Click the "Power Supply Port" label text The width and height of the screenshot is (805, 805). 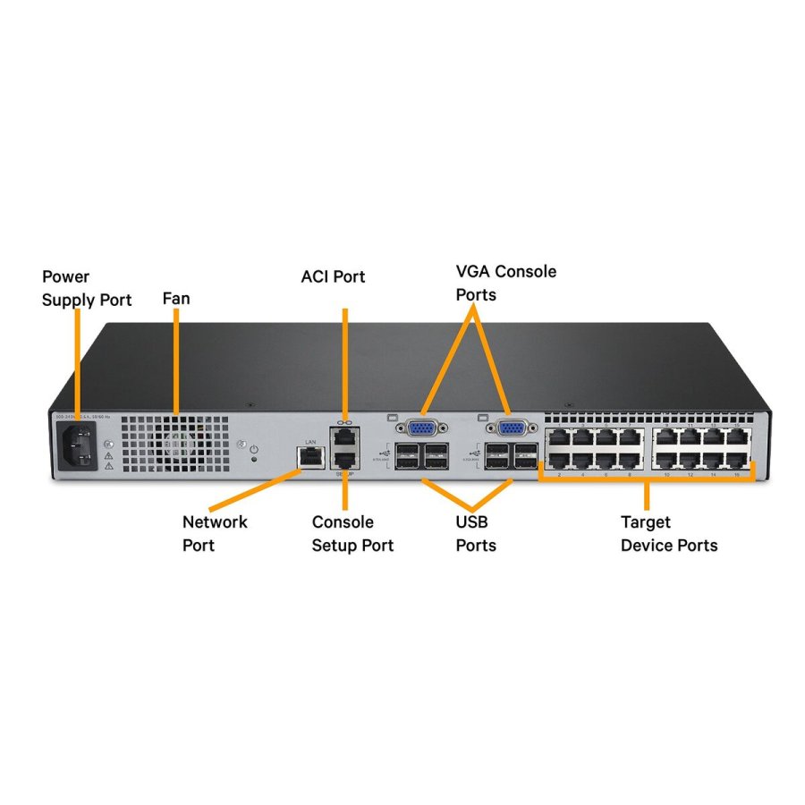coord(86,288)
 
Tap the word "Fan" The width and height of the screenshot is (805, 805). coord(176,299)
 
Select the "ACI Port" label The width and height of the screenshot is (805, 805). coord(333,276)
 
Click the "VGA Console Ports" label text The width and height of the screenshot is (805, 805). coord(505,282)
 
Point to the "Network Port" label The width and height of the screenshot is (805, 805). coord(215,533)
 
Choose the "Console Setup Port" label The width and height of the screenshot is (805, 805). coord(352,533)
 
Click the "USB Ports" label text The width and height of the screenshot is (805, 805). coord(476,533)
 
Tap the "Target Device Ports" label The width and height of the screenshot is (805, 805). coord(668,533)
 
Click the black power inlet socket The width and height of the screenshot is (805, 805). coord(77,445)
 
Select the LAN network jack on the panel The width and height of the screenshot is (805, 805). coord(310,457)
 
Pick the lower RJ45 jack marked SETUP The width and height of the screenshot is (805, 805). coord(344,460)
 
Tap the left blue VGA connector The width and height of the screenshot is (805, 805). coord(420,427)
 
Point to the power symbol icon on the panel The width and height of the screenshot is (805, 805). coord(254,447)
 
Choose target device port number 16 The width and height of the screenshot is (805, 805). coord(739,461)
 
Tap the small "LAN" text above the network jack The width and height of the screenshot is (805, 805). coord(310,441)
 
